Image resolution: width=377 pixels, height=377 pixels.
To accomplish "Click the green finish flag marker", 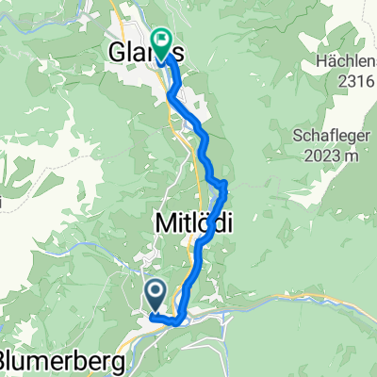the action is click(161, 44).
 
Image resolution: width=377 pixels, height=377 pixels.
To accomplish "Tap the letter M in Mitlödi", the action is click(162, 224).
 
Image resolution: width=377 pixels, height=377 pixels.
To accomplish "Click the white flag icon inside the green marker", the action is click(161, 41).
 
